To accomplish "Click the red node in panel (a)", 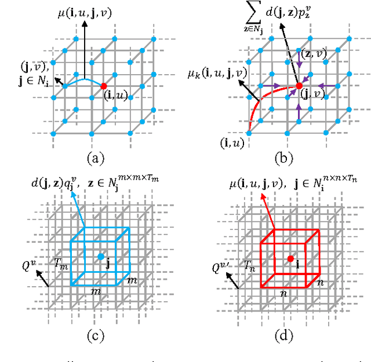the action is (104, 85).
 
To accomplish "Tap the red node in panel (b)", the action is (299, 85).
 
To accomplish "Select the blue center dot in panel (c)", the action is (101, 256).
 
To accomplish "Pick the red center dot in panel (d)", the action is (290, 257).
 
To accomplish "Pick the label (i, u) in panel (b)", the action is (232, 141).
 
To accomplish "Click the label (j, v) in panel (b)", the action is (314, 96).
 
